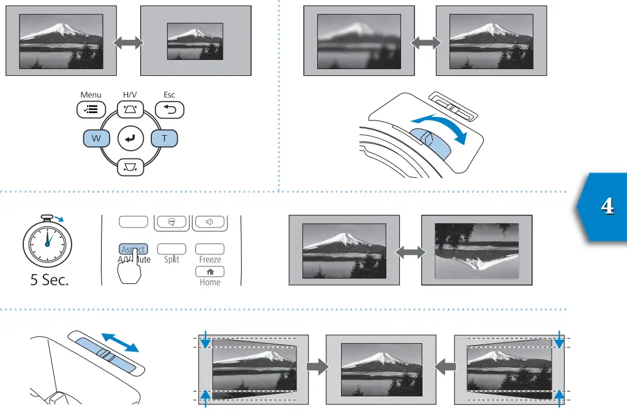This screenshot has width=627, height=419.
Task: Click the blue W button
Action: [x=96, y=139]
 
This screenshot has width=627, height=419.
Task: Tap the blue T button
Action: [x=165, y=139]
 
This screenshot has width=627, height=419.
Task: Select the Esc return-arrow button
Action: [x=170, y=110]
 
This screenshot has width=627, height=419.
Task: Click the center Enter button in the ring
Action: [x=130, y=139]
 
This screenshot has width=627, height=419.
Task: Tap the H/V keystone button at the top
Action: [x=130, y=110]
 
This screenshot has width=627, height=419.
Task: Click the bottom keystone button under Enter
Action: [x=130, y=166]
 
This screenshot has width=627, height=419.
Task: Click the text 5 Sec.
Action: [x=50, y=280]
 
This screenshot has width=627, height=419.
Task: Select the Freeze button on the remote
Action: [x=210, y=250]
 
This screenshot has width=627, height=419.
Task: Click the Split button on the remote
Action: [x=171, y=250]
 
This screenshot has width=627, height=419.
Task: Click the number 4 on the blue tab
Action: [x=607, y=207]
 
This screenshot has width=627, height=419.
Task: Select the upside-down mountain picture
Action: [x=477, y=250]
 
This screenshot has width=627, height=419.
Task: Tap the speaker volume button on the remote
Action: [x=209, y=221]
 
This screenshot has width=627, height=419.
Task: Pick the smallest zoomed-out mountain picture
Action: [x=195, y=41]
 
